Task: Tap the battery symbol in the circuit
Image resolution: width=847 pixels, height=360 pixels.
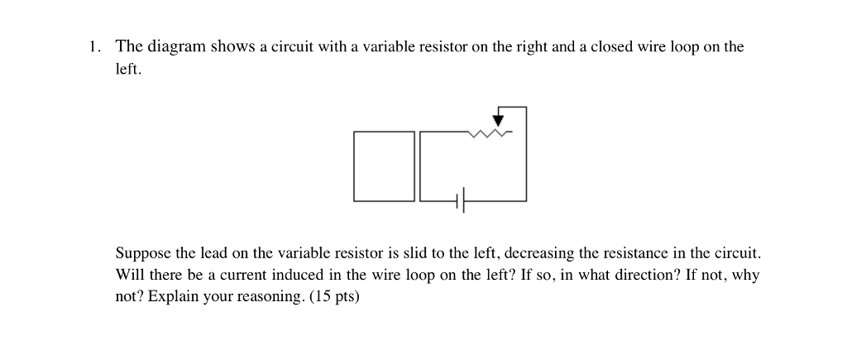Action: coord(460,200)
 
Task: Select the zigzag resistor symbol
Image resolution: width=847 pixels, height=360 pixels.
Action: coord(487,132)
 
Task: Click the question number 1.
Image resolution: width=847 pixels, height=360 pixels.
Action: coord(95,47)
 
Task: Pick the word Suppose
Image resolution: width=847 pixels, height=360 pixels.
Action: coord(141,252)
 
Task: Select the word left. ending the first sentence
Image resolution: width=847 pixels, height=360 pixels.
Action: coord(128,70)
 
